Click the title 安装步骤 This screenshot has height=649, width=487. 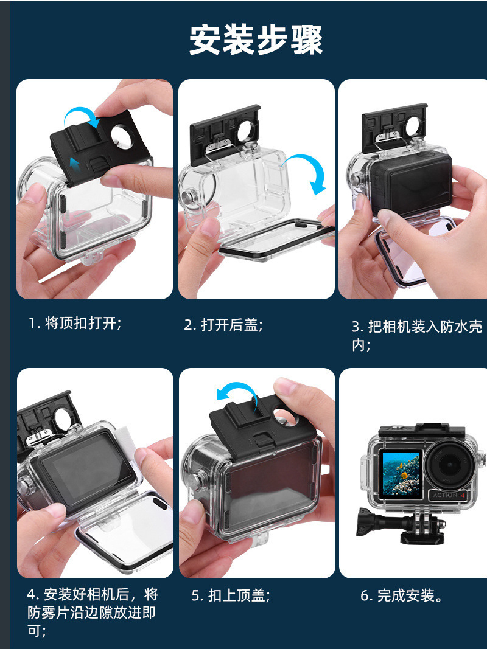pos(256,40)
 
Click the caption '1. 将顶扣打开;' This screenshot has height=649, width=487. pos(75,323)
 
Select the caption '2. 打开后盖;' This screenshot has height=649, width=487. pos(223,325)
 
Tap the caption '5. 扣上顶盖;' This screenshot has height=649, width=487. pos(231,595)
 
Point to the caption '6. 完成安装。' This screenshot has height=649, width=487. pos(402,595)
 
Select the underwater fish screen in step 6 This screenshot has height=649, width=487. pos(400,473)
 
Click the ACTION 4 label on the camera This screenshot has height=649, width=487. pos(449,495)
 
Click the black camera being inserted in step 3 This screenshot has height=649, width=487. pos(410,182)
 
